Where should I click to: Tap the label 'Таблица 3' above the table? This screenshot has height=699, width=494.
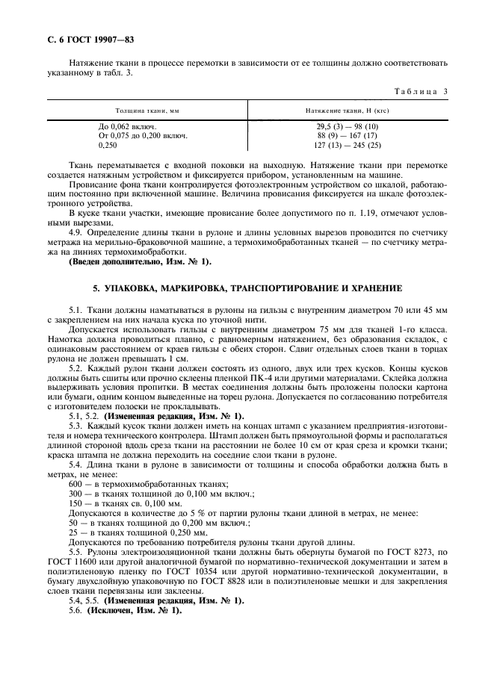(x=419, y=92)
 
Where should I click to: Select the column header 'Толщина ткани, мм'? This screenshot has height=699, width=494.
(x=147, y=110)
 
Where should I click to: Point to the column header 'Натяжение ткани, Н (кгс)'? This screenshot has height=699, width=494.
(x=348, y=110)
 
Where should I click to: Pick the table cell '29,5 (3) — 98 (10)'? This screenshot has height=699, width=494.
(x=348, y=127)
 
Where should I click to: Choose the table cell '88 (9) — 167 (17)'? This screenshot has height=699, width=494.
(x=348, y=136)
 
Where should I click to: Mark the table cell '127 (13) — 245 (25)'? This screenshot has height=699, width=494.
(x=348, y=145)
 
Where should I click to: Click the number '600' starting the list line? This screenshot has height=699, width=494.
(x=75, y=485)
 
